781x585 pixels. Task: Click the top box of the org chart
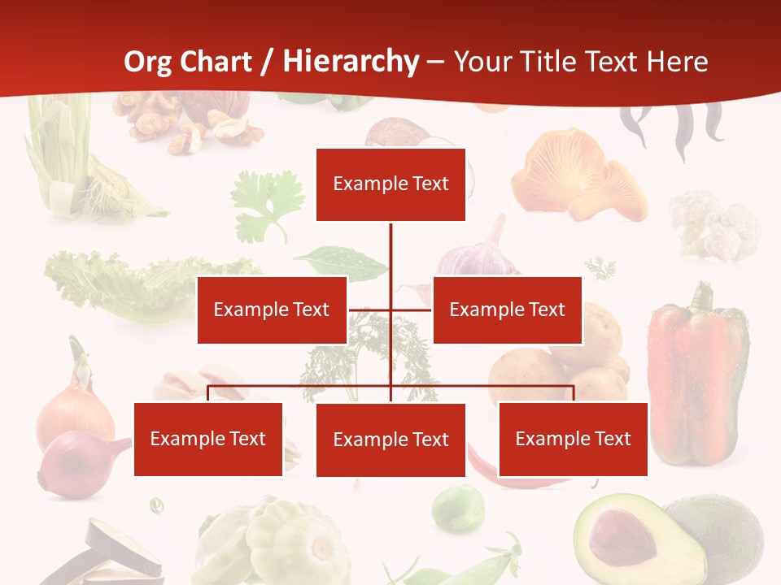(390, 184)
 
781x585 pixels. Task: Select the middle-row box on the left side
(272, 310)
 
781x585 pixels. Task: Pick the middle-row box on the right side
(507, 310)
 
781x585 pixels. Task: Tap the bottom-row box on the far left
(208, 439)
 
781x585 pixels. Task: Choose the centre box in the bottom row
(390, 440)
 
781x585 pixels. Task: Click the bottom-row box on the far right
(573, 439)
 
